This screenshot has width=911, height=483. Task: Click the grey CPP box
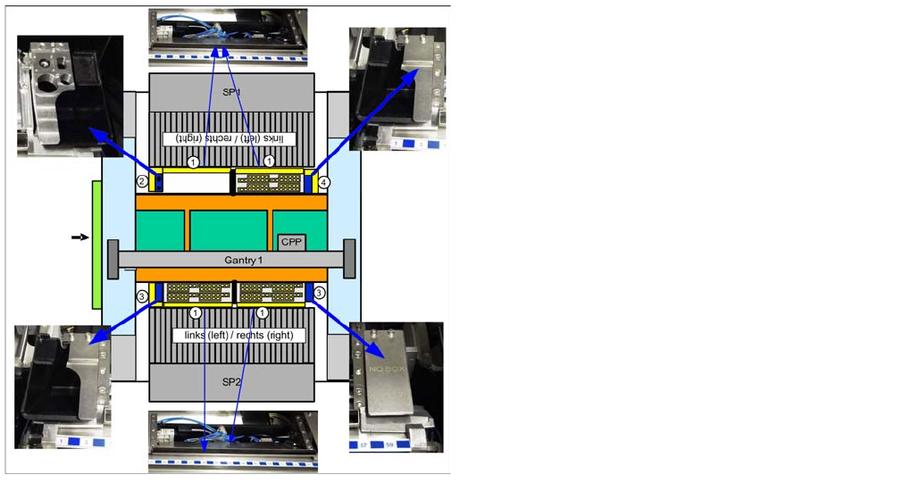click(291, 242)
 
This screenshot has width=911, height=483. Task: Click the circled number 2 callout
click(142, 182)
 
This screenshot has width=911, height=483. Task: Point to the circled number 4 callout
click(324, 182)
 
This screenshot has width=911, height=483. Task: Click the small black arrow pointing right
click(80, 237)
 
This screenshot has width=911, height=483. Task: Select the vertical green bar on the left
click(96, 245)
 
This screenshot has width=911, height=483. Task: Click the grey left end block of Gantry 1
click(113, 259)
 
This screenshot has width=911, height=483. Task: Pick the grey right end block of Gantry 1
click(349, 259)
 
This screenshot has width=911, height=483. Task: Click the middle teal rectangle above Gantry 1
click(229, 230)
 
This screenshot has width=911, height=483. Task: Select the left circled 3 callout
click(142, 294)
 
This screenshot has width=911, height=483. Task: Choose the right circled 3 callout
click(320, 292)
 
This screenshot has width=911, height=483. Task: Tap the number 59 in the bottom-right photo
click(389, 444)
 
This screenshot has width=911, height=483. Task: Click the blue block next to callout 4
click(311, 184)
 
